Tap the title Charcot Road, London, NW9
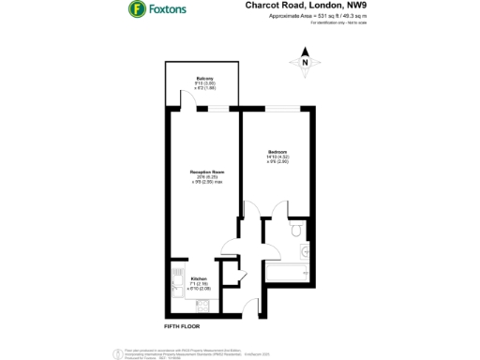coord(299,6)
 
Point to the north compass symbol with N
coord(304,64)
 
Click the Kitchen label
coord(199,281)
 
